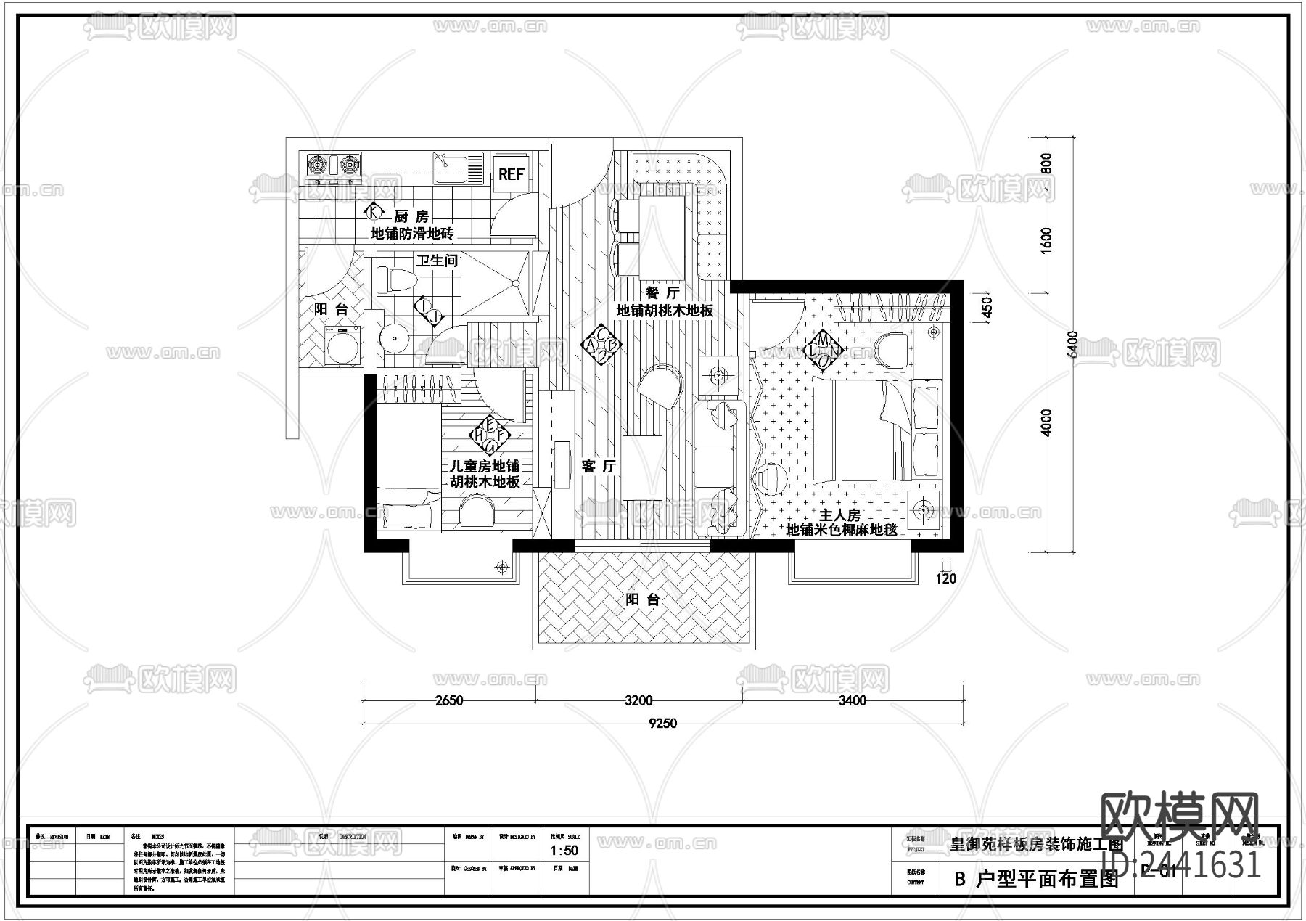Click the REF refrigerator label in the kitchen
[x=512, y=174]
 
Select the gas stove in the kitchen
[x=333, y=165]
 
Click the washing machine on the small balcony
[x=342, y=346]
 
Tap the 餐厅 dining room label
[x=662, y=292]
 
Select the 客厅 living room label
[x=599, y=466]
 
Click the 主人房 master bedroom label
[x=839, y=515]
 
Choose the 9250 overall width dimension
[x=662, y=723]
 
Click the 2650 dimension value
[x=449, y=700]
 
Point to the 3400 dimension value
[x=853, y=700]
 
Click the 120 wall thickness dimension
[x=945, y=578]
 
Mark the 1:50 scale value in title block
[x=564, y=850]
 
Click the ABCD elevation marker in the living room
[x=602, y=345]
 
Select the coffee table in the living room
[x=642, y=467]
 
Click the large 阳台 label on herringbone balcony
[x=643, y=599]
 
